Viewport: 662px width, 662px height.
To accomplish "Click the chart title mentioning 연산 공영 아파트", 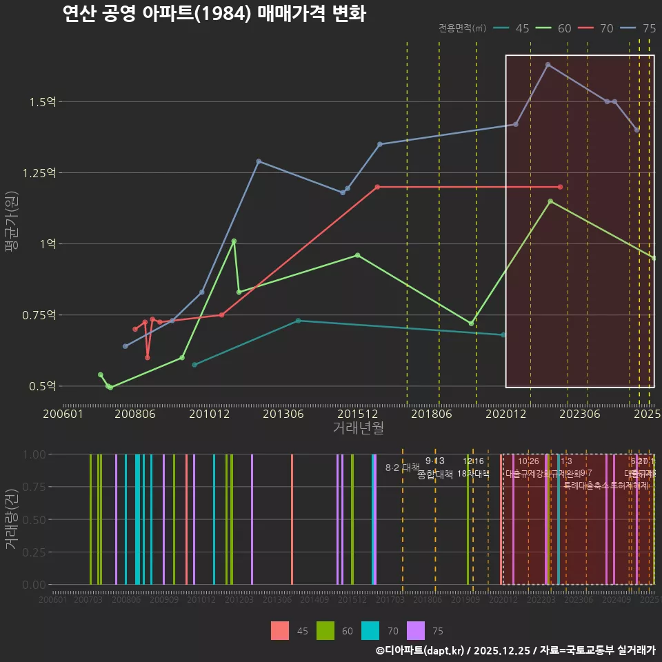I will [214, 14].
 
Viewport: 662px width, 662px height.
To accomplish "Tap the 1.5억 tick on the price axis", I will [42, 102].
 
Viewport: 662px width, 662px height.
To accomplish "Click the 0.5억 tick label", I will [42, 386].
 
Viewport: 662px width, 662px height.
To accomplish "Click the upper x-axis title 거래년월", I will [358, 428].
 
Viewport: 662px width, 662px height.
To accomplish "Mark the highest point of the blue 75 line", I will [548, 65].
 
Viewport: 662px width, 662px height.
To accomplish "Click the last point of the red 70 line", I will [560, 187].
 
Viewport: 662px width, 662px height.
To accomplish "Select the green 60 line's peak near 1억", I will [234, 241].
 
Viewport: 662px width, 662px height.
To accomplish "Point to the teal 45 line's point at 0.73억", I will [298, 321].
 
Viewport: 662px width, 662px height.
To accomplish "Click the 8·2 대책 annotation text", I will [402, 468].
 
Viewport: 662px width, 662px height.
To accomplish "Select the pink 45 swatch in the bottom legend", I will [280, 630].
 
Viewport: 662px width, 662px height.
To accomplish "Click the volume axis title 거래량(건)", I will [11, 519].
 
